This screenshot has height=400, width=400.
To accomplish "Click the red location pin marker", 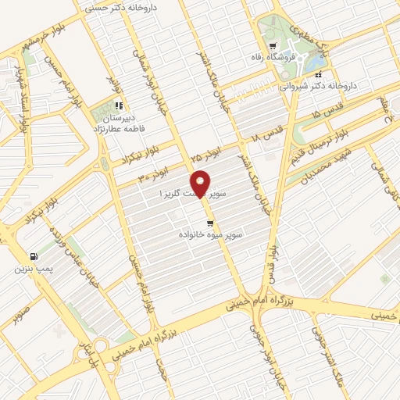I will [x=200, y=183].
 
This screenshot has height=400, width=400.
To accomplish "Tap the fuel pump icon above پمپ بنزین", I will [x=33, y=256].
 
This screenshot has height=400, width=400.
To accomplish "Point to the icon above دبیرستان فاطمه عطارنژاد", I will [x=118, y=105].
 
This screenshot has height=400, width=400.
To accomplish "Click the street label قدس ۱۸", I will [x=266, y=135].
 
